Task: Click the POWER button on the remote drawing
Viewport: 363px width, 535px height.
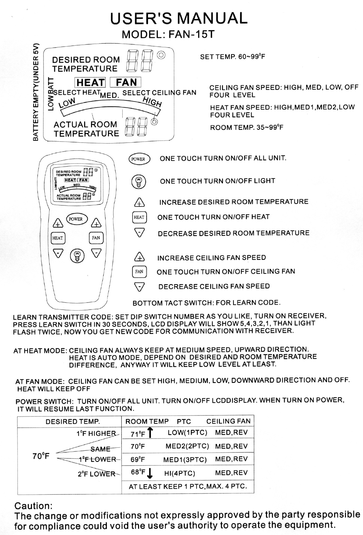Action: (x=76, y=219)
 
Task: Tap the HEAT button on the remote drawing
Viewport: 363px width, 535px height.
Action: (x=58, y=238)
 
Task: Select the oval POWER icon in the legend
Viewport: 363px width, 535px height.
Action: (x=138, y=159)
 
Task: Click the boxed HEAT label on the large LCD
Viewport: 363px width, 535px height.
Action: (x=90, y=82)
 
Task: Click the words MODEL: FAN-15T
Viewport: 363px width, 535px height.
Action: (x=168, y=34)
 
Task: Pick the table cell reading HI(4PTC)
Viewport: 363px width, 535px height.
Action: (x=180, y=473)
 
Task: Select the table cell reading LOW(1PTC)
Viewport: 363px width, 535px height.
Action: (x=187, y=432)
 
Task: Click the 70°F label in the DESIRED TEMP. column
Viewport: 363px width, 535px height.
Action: (x=41, y=456)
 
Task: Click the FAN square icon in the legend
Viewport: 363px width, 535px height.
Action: (x=139, y=272)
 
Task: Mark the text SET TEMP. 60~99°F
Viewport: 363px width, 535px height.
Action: (x=232, y=57)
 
